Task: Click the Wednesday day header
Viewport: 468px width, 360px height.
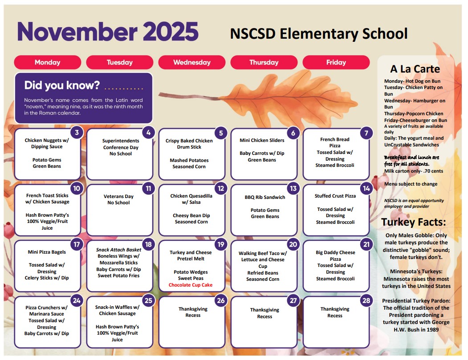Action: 192,62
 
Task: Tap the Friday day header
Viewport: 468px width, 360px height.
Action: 336,62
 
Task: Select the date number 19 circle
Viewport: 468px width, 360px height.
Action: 221,244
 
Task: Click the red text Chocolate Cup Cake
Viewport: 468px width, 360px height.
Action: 191,285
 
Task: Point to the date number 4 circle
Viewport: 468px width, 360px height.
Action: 149,133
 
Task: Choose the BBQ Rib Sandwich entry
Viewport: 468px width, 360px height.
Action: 265,197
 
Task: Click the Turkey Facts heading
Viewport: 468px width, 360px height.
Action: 414,222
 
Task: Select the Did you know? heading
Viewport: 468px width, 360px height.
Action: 62,85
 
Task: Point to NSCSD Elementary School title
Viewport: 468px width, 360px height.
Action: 318,33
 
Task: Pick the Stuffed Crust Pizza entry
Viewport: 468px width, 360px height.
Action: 335,195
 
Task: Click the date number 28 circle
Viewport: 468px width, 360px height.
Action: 366,300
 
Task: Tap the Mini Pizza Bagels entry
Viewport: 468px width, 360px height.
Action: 47,252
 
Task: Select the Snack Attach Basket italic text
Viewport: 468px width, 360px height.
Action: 118,250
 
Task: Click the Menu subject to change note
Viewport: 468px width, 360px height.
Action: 411,184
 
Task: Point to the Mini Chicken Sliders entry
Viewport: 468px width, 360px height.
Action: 262,140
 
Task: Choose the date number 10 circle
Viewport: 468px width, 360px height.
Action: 77,188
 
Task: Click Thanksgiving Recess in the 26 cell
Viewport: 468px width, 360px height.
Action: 193,312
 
